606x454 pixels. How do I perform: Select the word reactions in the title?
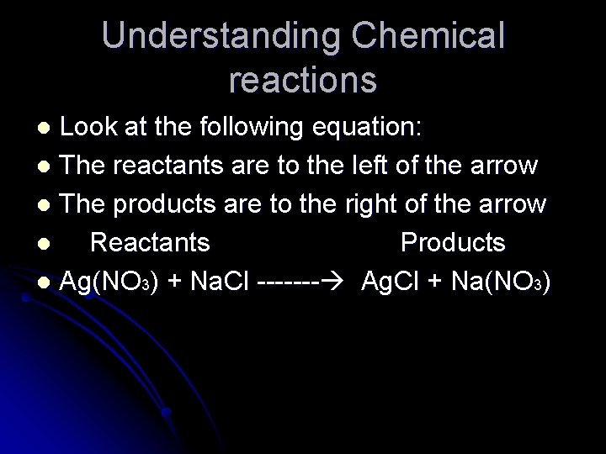[303, 80]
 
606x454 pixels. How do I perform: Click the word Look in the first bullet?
[93, 129]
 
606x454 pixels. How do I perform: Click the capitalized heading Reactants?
[150, 243]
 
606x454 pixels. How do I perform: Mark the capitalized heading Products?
[453, 243]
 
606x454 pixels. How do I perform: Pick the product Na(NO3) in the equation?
[501, 282]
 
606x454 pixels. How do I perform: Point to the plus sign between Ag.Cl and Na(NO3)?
[436, 282]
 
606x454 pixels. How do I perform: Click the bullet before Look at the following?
[47, 129]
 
